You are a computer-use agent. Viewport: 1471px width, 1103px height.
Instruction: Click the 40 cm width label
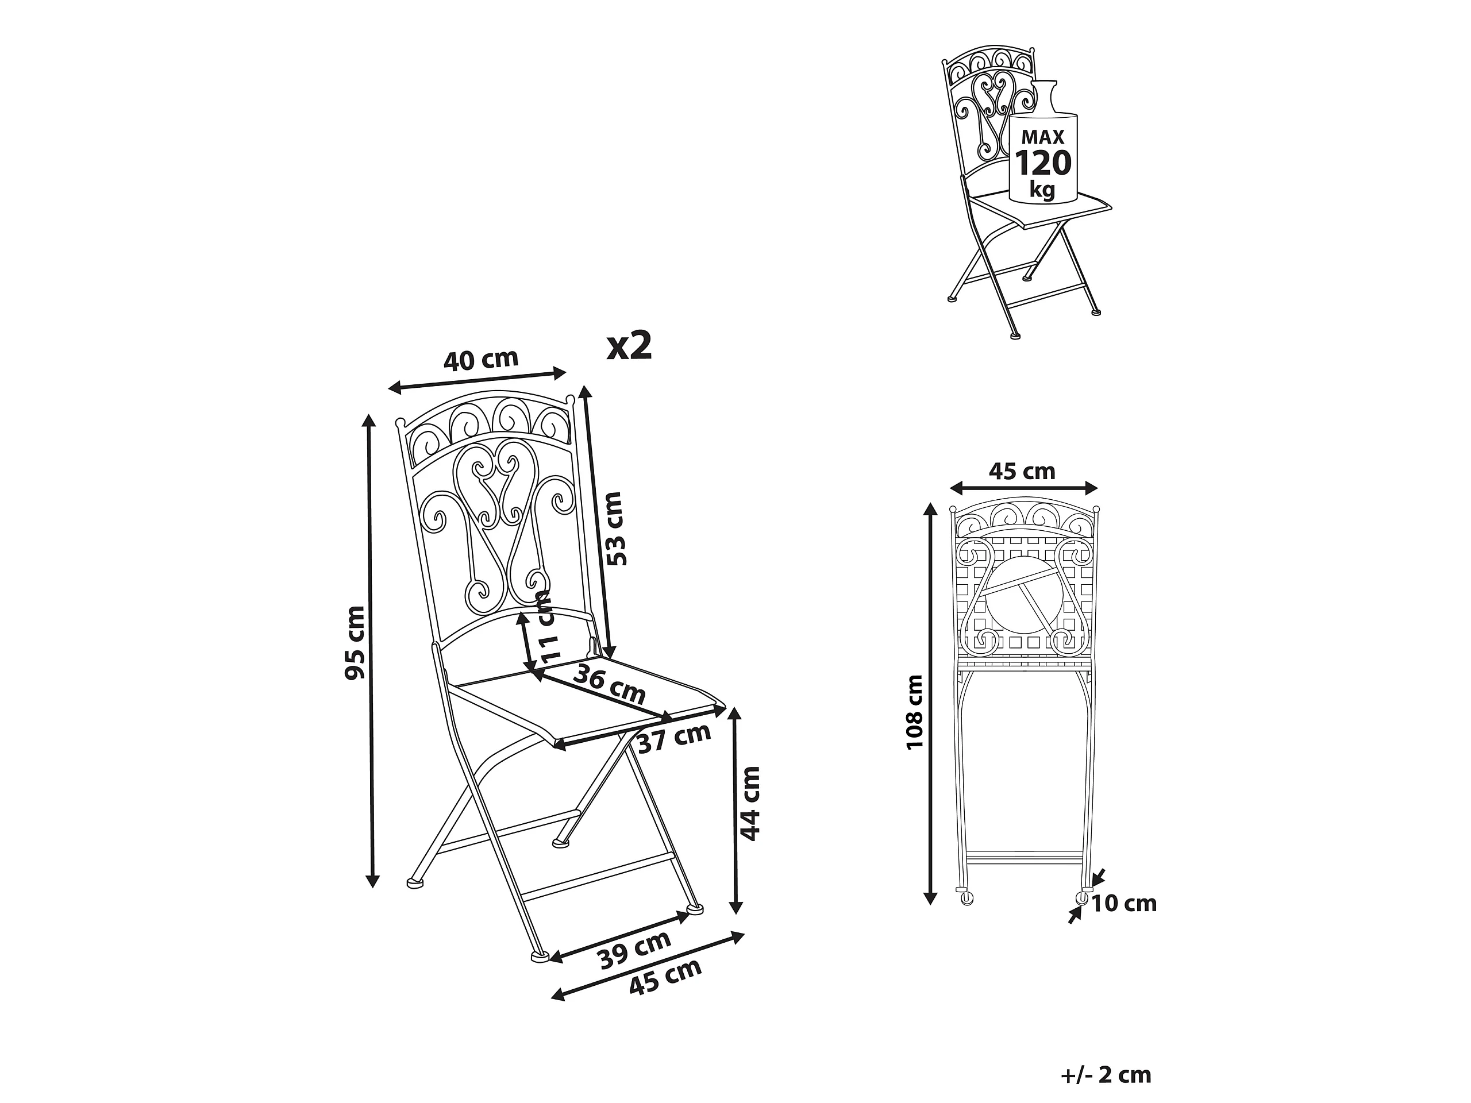pos(481,359)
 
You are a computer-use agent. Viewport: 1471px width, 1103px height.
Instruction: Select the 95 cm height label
pos(355,642)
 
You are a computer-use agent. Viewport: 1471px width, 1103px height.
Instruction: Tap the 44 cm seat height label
pos(749,803)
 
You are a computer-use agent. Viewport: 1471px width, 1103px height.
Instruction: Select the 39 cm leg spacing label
pos(634,950)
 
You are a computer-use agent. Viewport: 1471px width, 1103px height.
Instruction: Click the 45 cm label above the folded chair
pos(1022,472)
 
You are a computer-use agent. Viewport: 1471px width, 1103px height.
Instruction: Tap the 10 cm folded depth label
pos(1124,904)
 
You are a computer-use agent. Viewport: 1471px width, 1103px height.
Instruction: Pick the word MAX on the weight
pos(1043,137)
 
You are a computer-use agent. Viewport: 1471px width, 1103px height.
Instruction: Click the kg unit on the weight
pos(1042,190)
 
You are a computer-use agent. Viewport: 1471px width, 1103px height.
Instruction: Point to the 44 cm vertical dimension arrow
pos(734,810)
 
